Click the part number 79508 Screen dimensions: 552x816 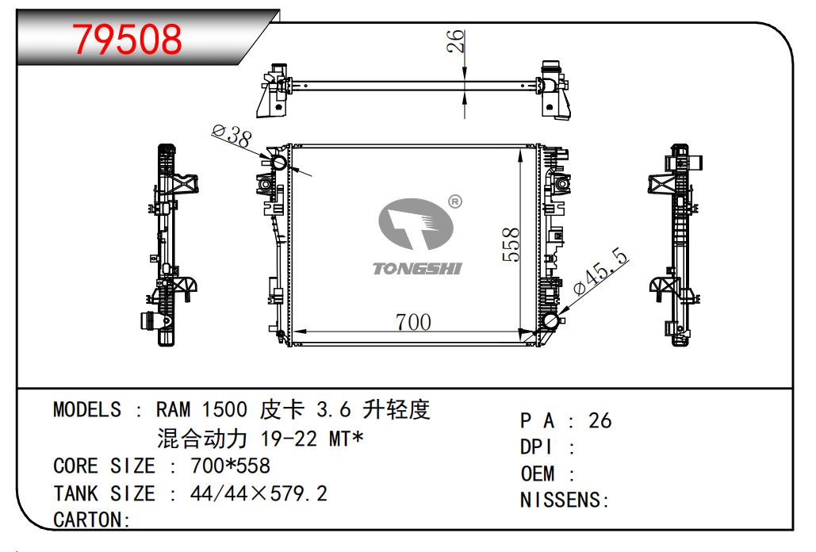coord(128,39)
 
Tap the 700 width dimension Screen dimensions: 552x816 coord(413,322)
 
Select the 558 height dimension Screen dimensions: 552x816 coord(511,245)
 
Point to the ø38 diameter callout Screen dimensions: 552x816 coord(232,136)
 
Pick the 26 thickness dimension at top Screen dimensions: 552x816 coord(455,41)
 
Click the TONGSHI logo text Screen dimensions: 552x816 coord(417,269)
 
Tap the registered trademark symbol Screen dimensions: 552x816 coord(454,201)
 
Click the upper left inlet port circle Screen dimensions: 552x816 coord(278,164)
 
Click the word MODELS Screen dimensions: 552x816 coord(87,410)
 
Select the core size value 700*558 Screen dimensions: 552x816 coord(230,466)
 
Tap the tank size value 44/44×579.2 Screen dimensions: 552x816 coord(259,493)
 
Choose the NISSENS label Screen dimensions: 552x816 coord(564,500)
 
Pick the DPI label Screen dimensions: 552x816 coord(537,447)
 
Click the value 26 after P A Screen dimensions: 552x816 coord(600,420)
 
